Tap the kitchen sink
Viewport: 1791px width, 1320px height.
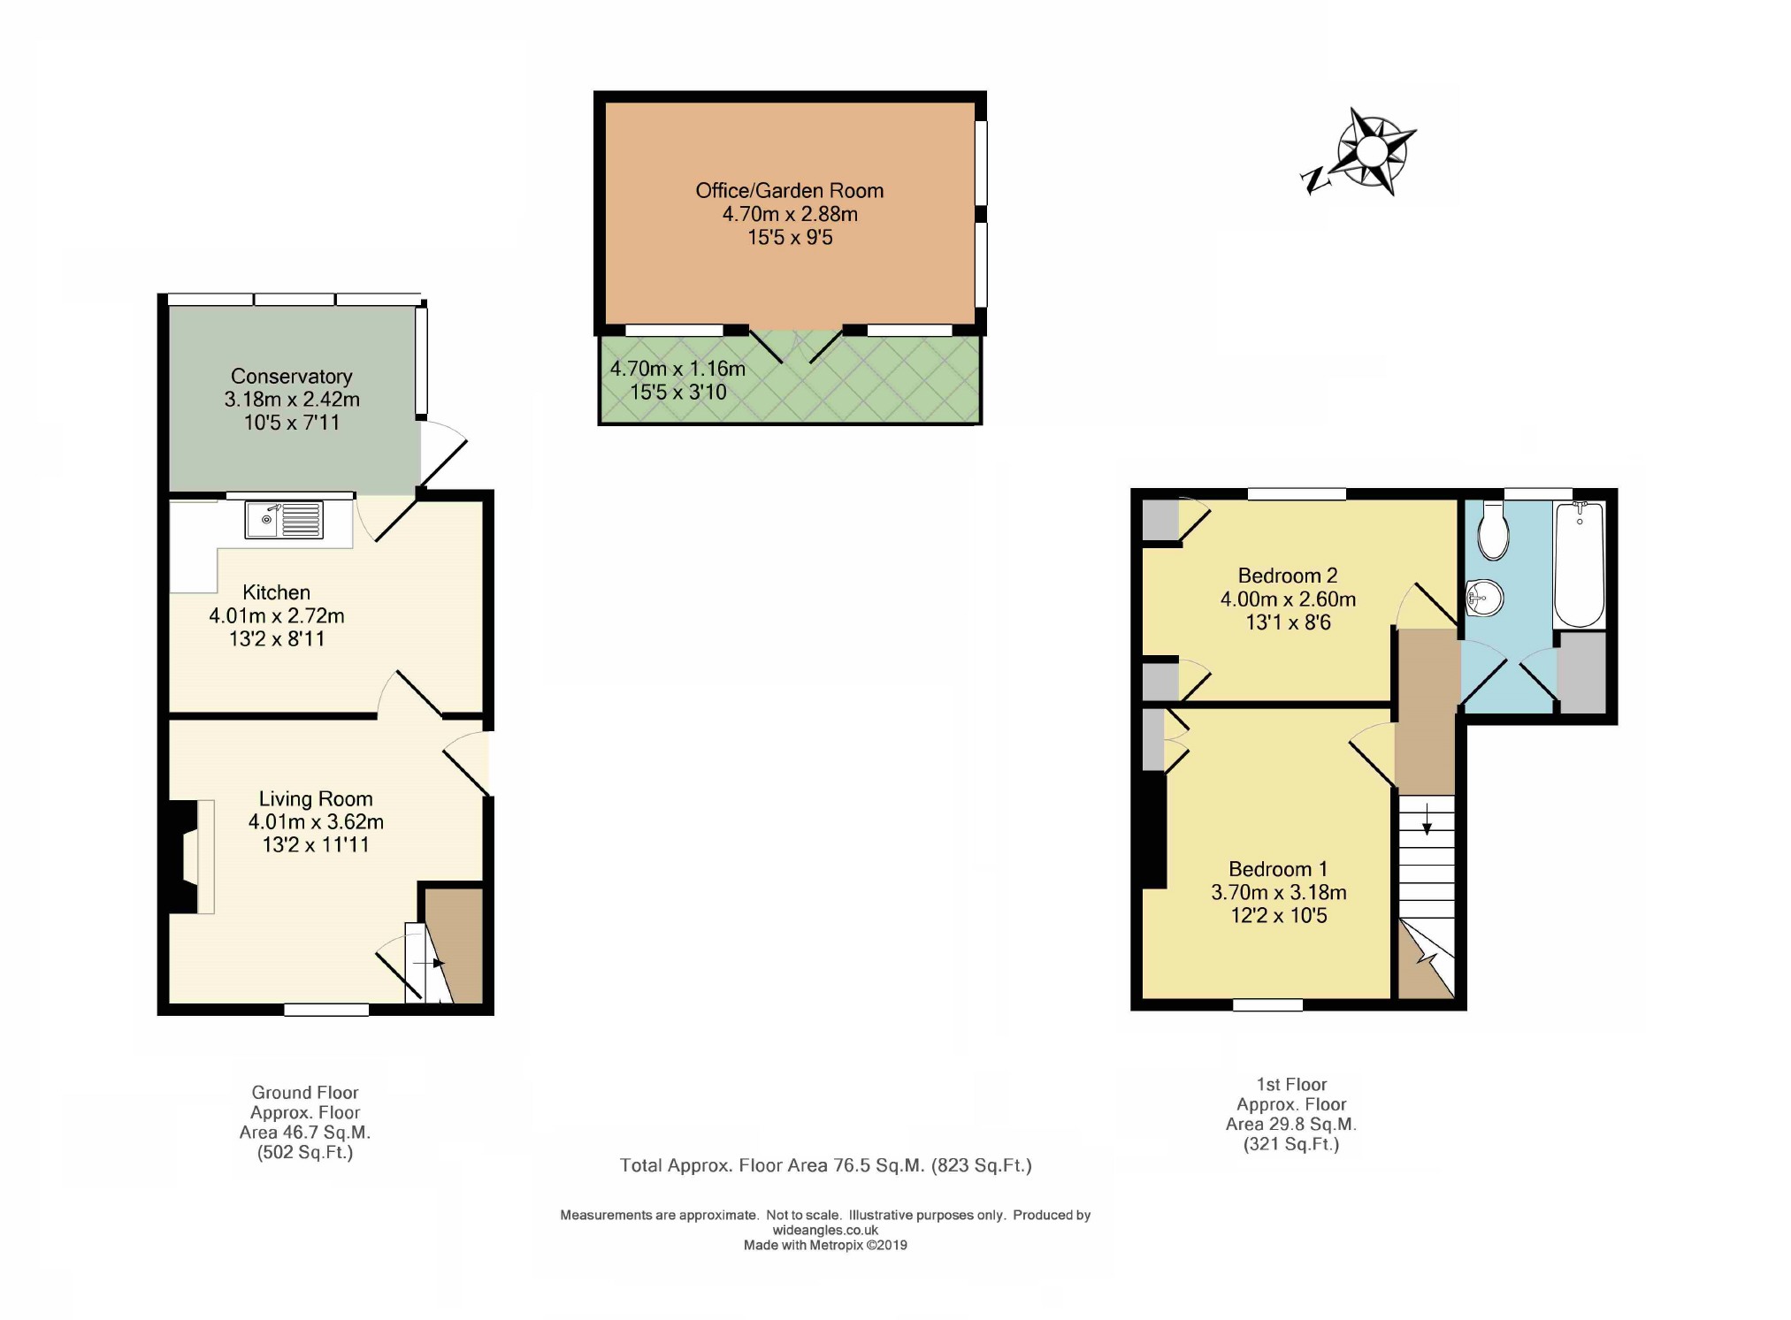(x=285, y=520)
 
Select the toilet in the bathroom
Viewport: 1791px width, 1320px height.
(x=1493, y=530)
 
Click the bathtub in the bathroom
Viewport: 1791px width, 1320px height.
(x=1579, y=564)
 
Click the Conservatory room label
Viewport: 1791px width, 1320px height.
(x=291, y=377)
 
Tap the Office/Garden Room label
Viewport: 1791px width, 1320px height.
(x=789, y=191)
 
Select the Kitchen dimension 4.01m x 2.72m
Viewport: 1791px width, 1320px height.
(x=277, y=615)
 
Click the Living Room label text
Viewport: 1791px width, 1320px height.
(x=316, y=799)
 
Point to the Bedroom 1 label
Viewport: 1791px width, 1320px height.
(x=1278, y=869)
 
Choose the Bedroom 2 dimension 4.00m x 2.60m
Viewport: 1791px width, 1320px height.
(x=1288, y=599)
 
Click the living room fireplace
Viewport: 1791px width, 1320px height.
(x=191, y=857)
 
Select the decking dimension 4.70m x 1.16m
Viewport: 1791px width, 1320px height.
(x=677, y=369)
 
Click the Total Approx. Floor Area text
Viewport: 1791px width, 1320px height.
(x=825, y=1165)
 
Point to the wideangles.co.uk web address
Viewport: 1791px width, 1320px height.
(x=825, y=1230)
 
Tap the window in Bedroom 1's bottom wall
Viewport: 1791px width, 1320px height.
(x=1267, y=1004)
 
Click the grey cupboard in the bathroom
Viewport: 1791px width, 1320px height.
(x=1581, y=672)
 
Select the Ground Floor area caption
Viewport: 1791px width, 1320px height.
(x=305, y=1122)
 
